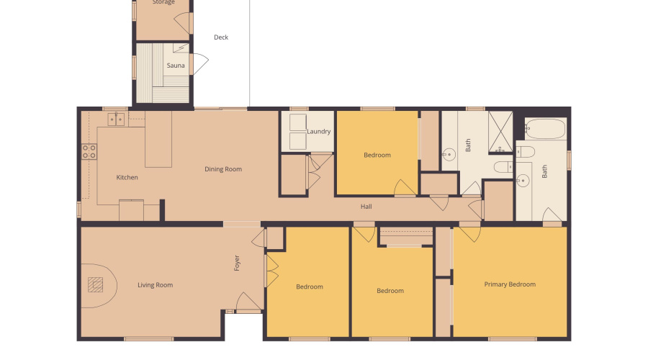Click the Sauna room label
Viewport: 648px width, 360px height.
coord(176,66)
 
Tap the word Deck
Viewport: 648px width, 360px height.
coord(221,37)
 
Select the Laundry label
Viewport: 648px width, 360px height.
coord(318,132)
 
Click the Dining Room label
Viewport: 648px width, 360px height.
coord(223,169)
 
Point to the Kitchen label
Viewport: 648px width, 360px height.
coord(127,177)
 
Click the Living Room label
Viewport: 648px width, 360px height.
coord(156,285)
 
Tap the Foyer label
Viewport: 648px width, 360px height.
coord(237,263)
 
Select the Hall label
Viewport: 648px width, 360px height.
coord(366,207)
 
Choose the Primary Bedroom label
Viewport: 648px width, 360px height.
coord(510,284)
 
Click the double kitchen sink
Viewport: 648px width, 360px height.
coord(116,119)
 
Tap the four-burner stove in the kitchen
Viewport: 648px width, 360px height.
coord(89,151)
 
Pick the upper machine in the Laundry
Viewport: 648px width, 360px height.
coord(297,122)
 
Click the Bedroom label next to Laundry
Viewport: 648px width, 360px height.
coord(377,155)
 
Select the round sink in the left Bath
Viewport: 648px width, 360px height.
coord(449,153)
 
